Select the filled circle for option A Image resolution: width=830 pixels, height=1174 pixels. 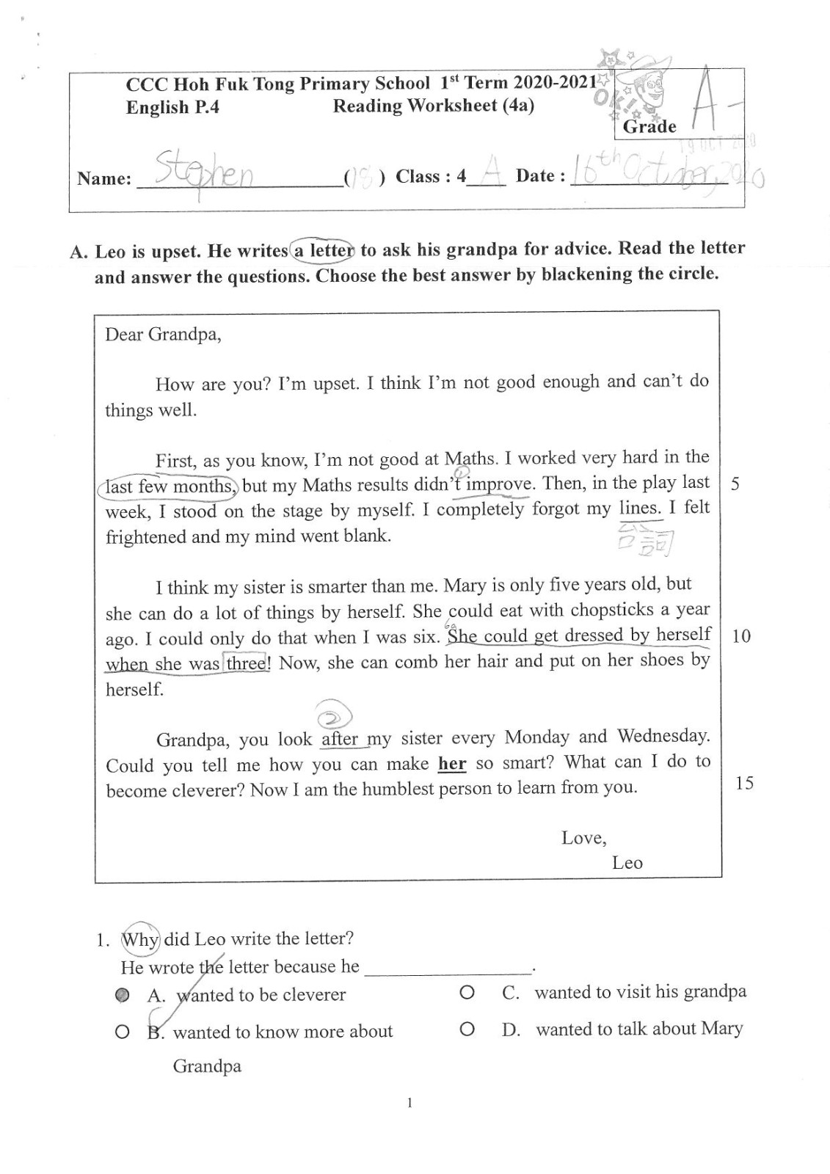point(123,995)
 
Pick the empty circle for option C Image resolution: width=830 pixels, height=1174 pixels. point(466,993)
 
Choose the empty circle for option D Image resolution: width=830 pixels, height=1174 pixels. point(466,1029)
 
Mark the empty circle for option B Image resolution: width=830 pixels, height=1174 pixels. point(123,1032)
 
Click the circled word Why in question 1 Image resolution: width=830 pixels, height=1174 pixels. point(139,939)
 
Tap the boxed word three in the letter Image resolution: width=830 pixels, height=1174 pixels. point(246,663)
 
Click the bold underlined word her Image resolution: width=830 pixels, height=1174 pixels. point(452,764)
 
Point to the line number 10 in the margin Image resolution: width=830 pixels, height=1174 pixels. point(741,636)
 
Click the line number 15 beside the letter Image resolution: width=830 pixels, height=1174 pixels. point(743,783)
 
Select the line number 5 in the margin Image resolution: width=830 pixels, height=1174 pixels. point(735,485)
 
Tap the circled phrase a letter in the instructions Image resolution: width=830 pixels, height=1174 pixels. point(323,251)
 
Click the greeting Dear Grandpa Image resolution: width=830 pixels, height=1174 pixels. point(163,335)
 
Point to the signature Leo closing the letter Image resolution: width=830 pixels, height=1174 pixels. point(627,863)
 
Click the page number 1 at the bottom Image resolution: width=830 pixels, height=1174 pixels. point(409,1103)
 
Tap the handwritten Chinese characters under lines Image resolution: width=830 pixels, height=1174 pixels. point(646,541)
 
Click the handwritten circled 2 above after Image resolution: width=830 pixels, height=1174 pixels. point(333,715)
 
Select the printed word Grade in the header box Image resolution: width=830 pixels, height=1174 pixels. point(649,127)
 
